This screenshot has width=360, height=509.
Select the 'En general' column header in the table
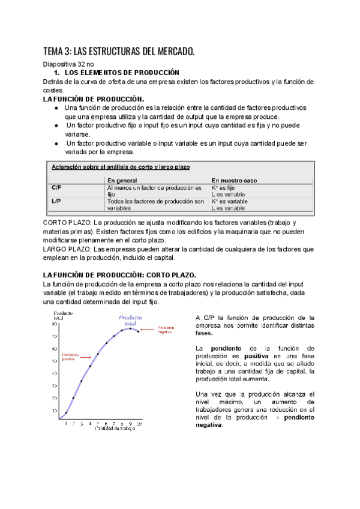click(x=122, y=179)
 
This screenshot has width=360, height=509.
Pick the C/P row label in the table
click(x=56, y=187)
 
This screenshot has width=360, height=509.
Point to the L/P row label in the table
click(x=56, y=202)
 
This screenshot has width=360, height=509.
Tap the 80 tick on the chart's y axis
click(x=55, y=324)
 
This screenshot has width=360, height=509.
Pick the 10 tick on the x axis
click(x=139, y=424)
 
